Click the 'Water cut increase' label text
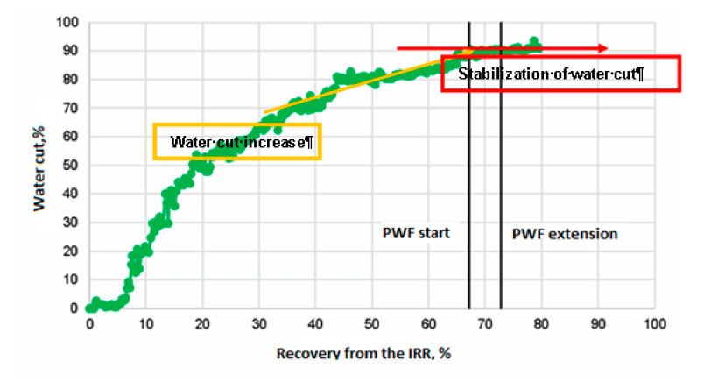pos(236,141)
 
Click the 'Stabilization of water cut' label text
pos(552,74)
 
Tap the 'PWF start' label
pos(416,234)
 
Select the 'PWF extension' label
pos(564,234)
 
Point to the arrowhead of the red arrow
pos(604,48)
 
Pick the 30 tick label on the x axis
pos(259,322)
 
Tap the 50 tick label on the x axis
pos(372,322)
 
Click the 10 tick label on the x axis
pos(146,322)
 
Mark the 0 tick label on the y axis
pos(74,308)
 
